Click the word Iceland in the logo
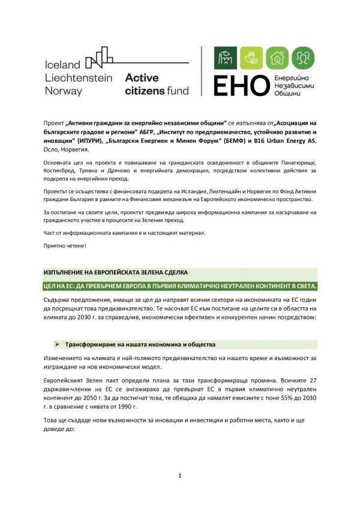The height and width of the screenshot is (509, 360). tap(62, 65)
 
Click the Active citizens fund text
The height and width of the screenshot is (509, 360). tap(156, 85)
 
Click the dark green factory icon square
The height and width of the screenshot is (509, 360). tap(226, 58)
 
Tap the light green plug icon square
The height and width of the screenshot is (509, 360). tap(252, 58)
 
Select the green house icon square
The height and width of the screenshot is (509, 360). tap(277, 58)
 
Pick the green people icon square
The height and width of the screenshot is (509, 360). tap(303, 58)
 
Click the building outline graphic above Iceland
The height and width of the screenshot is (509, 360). tap(100, 56)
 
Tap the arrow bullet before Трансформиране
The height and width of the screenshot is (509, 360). tap(56, 345)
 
